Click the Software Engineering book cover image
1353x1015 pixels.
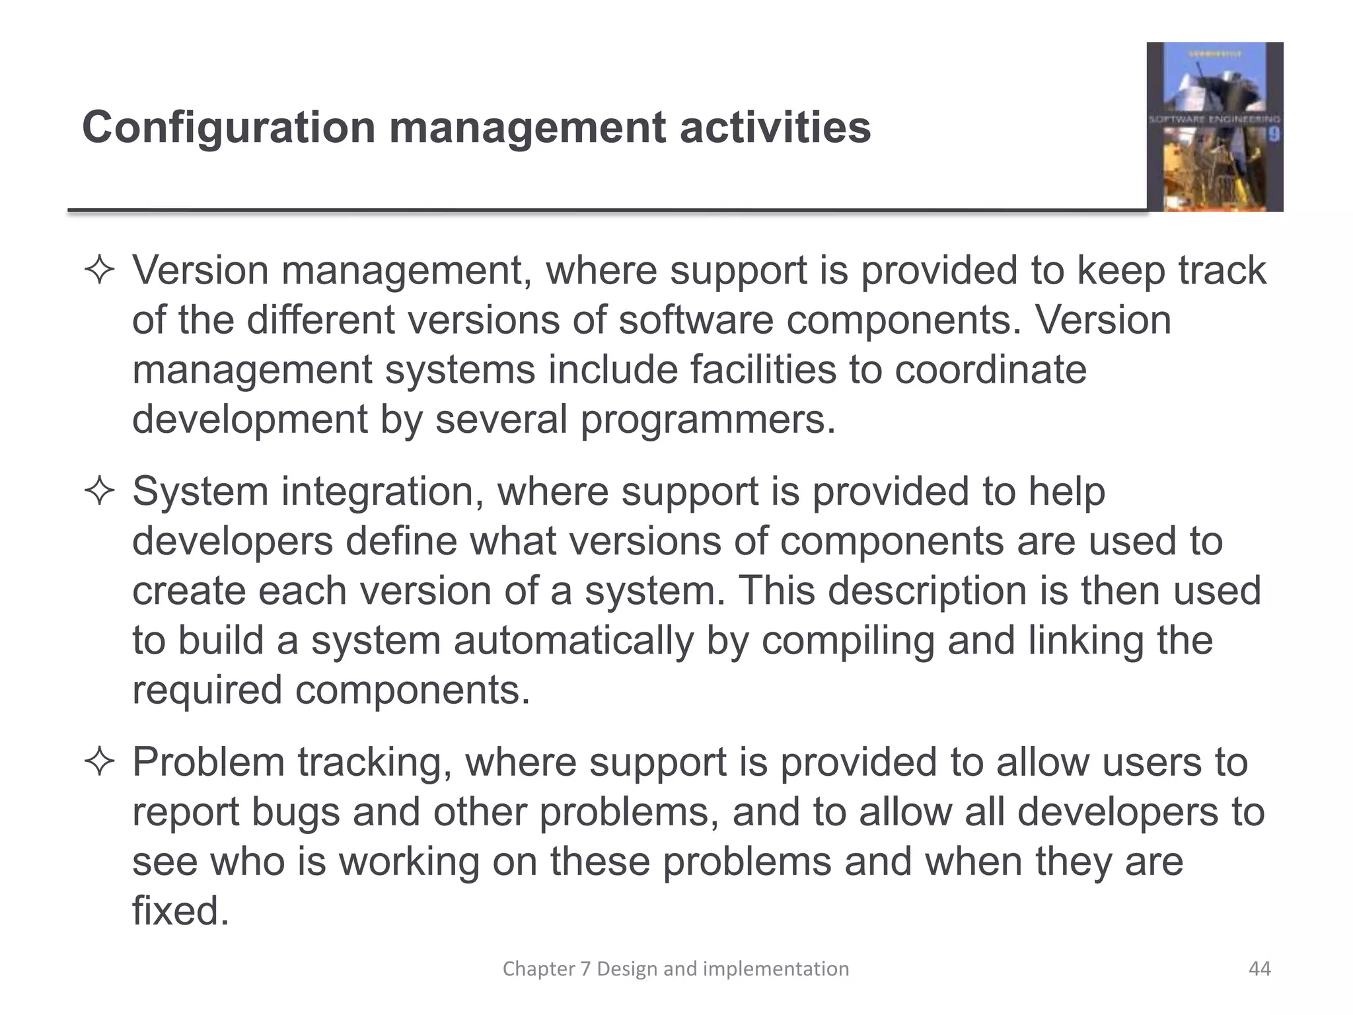pyautogui.click(x=1214, y=127)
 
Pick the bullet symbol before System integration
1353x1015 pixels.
pyautogui.click(x=100, y=492)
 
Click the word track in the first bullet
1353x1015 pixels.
pyautogui.click(x=1222, y=270)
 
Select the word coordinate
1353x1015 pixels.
pyautogui.click(x=990, y=369)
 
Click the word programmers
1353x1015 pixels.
pyautogui.click(x=708, y=419)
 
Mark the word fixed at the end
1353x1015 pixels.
pyautogui.click(x=180, y=911)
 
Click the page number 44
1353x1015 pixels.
pyautogui.click(x=1259, y=969)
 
